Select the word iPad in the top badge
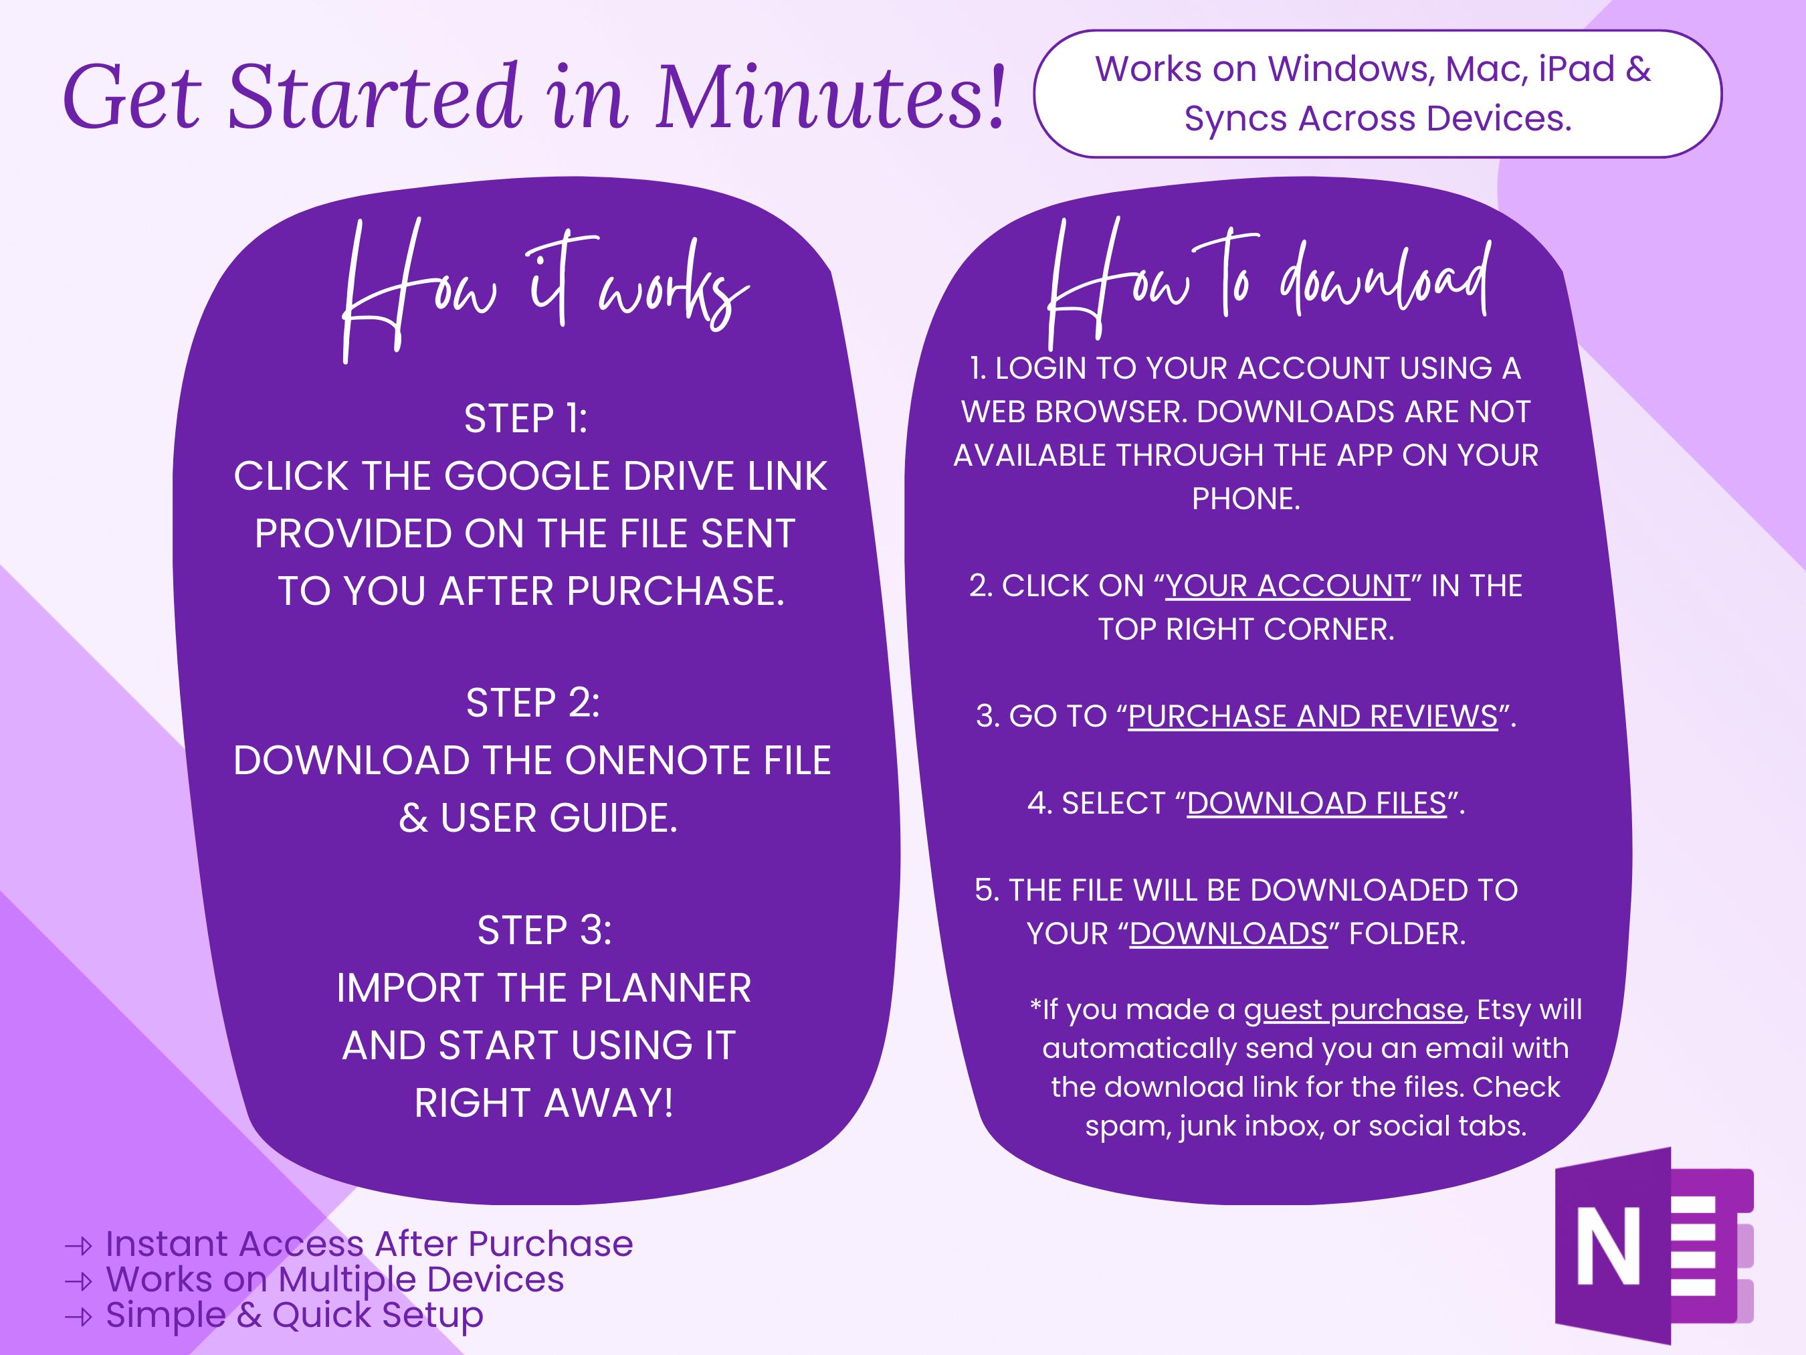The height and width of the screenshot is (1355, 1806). click(x=1577, y=69)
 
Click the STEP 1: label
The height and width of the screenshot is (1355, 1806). click(x=526, y=419)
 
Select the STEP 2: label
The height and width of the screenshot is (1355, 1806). click(x=532, y=703)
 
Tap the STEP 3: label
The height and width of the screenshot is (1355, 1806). click(x=544, y=930)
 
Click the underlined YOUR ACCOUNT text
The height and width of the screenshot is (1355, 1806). click(x=1287, y=585)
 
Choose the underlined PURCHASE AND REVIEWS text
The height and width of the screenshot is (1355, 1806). click(x=1313, y=716)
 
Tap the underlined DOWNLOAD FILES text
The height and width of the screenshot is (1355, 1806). click(x=1316, y=804)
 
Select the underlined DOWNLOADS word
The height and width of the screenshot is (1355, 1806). click(x=1228, y=933)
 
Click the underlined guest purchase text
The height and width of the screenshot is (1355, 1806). click(x=1353, y=1010)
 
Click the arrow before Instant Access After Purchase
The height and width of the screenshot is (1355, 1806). click(x=79, y=1245)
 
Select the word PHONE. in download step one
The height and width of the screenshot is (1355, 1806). click(x=1245, y=499)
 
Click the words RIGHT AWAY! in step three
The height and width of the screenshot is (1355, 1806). click(x=544, y=1103)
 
